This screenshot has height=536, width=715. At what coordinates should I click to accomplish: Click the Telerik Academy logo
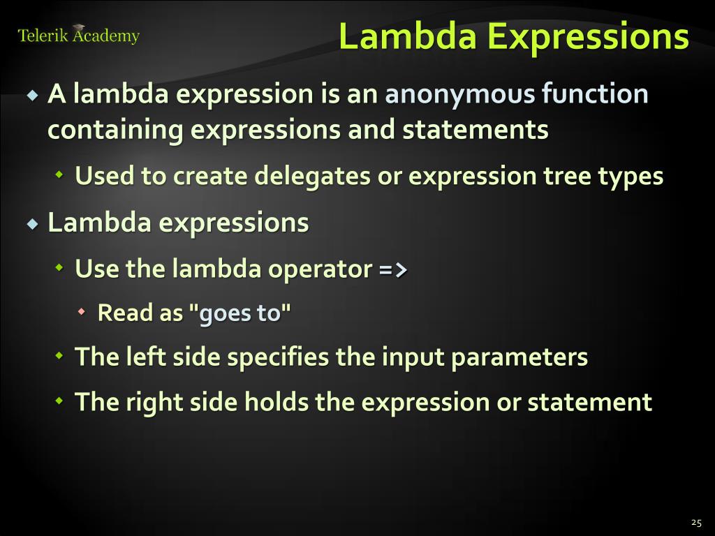(x=78, y=36)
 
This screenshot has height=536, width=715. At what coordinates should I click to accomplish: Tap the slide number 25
(x=695, y=522)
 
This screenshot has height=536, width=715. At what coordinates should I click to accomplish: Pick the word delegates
(x=312, y=177)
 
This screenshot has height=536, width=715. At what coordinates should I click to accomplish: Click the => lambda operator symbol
(x=393, y=269)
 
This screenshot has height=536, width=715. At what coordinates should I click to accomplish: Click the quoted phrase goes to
(x=239, y=313)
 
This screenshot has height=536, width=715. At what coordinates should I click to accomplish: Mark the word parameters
(x=519, y=357)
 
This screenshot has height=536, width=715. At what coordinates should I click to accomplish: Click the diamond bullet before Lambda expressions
(x=32, y=225)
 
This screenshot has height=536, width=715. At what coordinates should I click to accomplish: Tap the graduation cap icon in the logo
(x=79, y=28)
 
